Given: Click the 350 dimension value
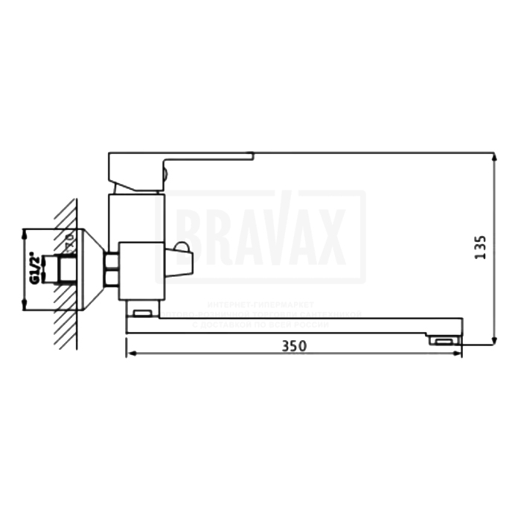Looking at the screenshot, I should (294, 346).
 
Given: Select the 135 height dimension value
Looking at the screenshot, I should (480, 248).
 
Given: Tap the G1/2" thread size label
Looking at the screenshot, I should (33, 269).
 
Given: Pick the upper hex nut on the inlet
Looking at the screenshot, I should (112, 260).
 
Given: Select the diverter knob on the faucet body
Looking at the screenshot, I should (180, 261).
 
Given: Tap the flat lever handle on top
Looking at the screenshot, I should (194, 157).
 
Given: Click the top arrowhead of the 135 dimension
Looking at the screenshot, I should (494, 157).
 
